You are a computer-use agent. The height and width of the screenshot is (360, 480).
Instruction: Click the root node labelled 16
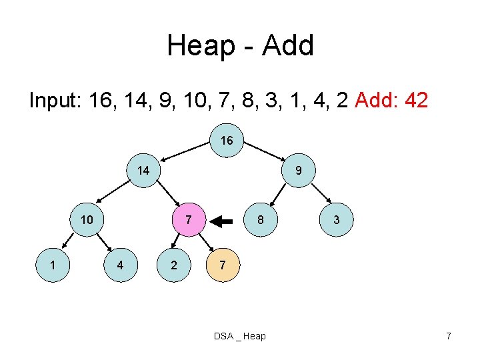[227, 141]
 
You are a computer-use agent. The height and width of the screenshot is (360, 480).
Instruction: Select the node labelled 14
[143, 171]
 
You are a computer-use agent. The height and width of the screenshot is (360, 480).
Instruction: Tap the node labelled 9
[298, 171]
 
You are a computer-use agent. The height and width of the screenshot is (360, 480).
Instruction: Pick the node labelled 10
[87, 220]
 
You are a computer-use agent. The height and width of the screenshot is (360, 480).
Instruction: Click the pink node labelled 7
[189, 220]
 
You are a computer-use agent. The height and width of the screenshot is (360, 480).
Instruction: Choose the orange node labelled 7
[223, 265]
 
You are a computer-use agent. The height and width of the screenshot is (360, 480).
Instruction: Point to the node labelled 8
[261, 220]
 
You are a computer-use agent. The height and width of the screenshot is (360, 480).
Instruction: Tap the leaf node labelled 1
[53, 265]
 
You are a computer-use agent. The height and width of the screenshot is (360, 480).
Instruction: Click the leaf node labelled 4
[119, 265]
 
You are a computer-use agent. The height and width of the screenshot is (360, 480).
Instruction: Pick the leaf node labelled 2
[173, 265]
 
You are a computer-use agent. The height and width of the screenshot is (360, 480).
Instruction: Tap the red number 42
[413, 101]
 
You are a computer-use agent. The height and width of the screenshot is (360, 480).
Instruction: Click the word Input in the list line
[56, 101]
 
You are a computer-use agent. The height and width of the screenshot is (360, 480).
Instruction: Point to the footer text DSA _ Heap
[239, 336]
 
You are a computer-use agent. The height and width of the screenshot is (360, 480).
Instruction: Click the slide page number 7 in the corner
[448, 336]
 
